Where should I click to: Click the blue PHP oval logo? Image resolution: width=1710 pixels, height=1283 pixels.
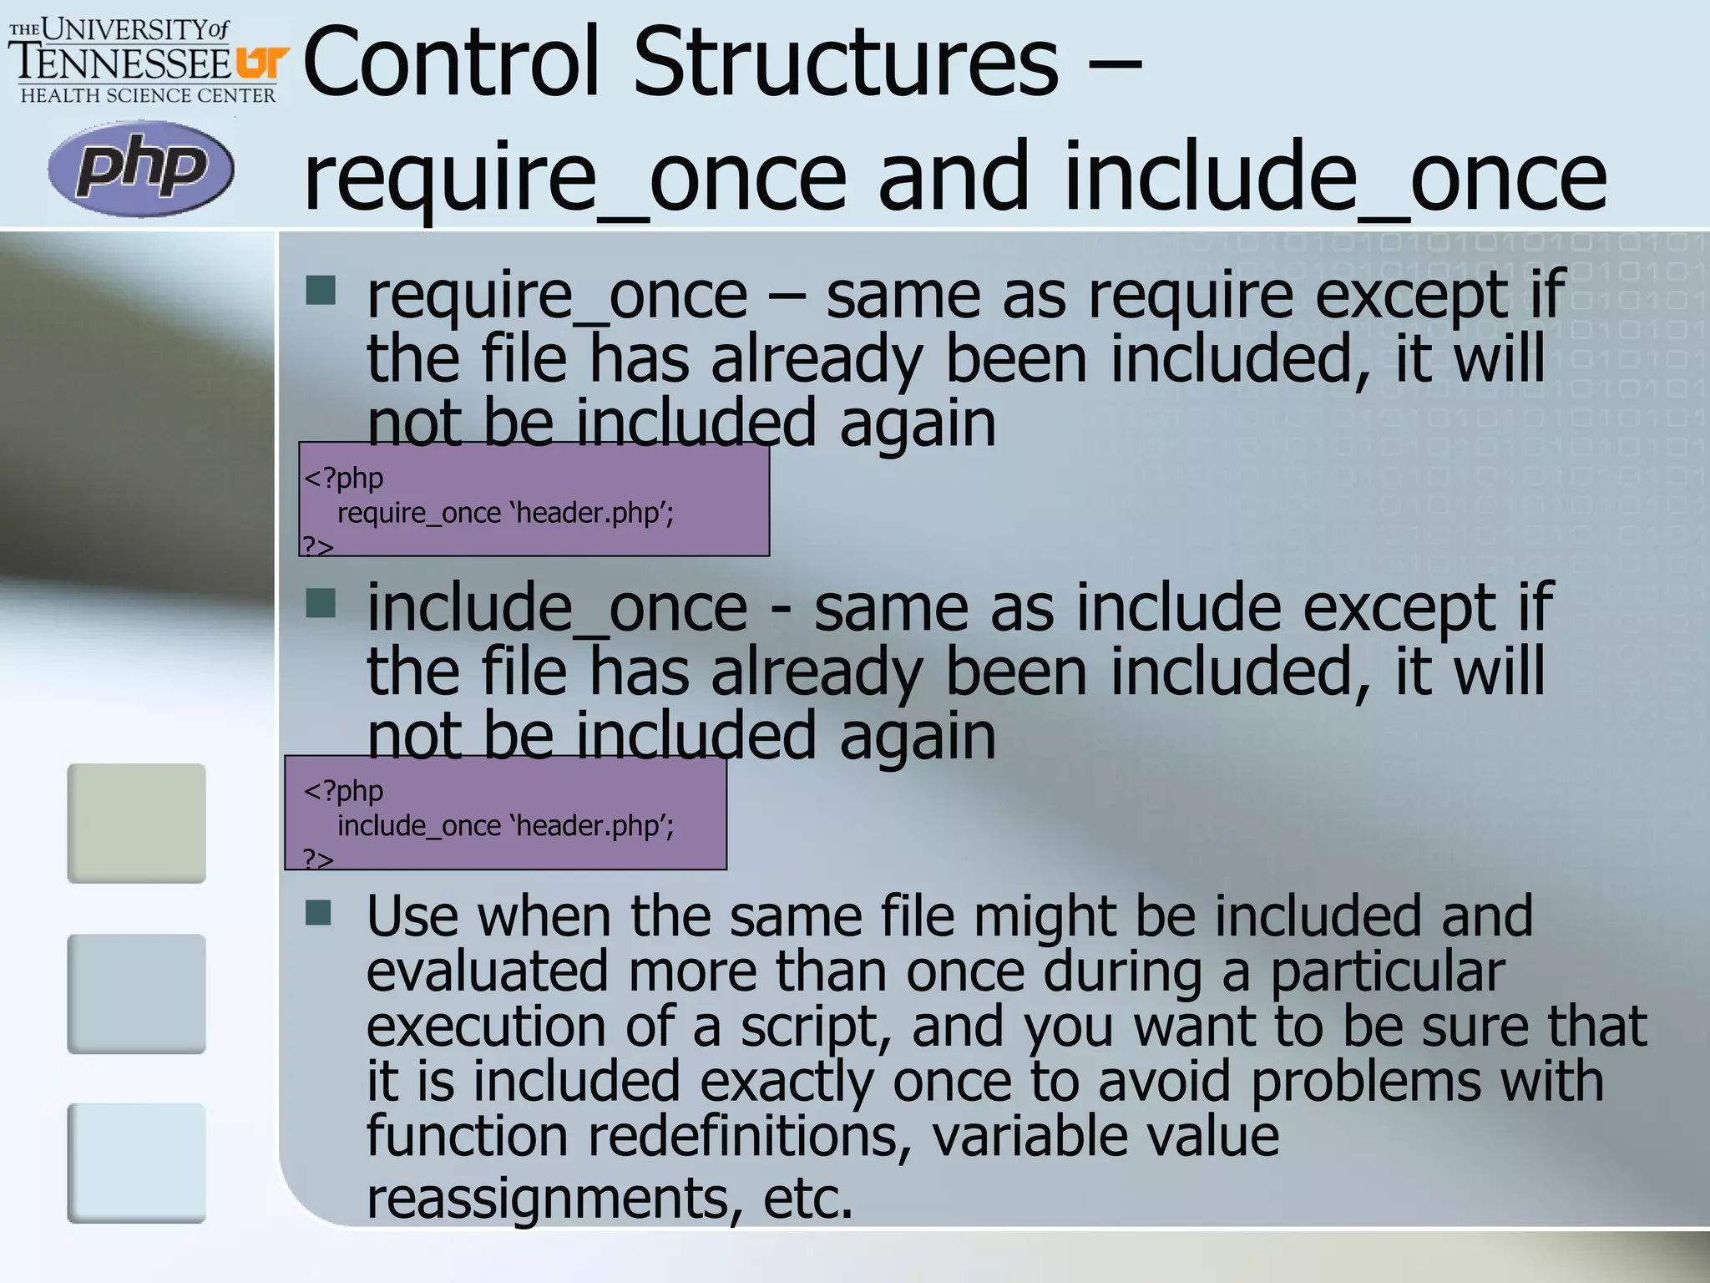[140, 168]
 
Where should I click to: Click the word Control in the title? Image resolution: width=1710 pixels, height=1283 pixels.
[452, 62]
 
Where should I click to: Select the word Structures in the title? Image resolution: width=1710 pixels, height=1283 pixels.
[845, 62]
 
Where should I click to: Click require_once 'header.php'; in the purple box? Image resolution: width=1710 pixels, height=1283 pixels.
[505, 512]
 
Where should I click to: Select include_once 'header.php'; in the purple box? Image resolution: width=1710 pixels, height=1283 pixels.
[505, 825]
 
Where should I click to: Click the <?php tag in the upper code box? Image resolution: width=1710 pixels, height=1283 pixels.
[343, 478]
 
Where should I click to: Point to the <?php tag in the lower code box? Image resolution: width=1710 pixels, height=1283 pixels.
[343, 790]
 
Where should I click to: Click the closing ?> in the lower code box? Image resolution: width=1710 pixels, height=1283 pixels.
[317, 858]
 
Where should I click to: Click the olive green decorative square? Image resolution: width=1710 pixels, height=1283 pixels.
[136, 823]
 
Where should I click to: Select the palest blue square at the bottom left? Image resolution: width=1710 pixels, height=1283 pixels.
[136, 1163]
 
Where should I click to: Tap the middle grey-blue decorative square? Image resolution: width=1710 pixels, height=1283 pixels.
[136, 993]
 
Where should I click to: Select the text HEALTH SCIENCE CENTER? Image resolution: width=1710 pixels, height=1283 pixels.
[148, 96]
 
